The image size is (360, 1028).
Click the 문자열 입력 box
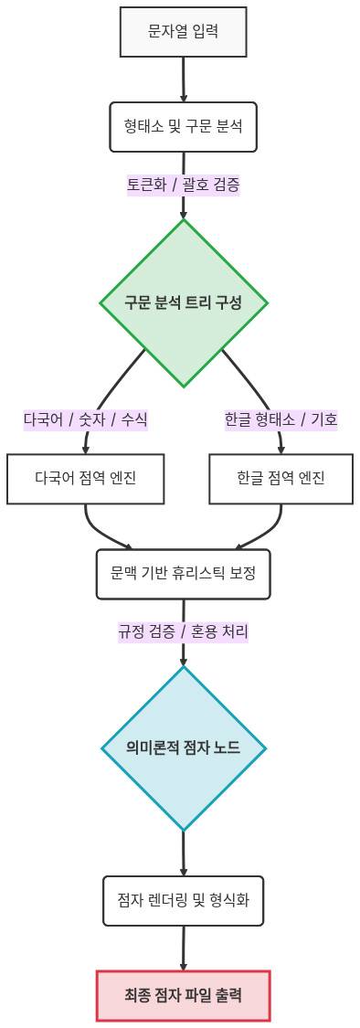[183, 32]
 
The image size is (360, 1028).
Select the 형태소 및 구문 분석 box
[183, 126]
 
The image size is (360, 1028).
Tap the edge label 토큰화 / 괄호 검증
[183, 185]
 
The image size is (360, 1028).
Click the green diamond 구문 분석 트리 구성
[183, 302]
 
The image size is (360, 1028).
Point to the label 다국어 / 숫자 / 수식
[85, 419]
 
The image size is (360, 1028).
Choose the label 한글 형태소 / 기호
[281, 419]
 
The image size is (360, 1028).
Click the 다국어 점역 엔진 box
[85, 478]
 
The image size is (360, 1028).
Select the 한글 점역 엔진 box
[281, 478]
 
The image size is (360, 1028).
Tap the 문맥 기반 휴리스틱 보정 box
[183, 574]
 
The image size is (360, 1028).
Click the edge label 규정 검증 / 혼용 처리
[183, 631]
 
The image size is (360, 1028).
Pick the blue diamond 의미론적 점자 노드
[183, 747]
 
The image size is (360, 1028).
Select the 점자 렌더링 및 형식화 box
[183, 900]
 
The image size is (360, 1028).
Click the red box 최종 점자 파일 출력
[183, 995]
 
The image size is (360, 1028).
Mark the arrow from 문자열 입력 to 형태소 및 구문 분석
[183, 79]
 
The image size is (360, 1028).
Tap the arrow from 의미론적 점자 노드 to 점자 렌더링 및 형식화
[183, 853]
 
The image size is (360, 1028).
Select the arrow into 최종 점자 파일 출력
[183, 949]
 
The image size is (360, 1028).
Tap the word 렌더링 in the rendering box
[173, 900]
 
